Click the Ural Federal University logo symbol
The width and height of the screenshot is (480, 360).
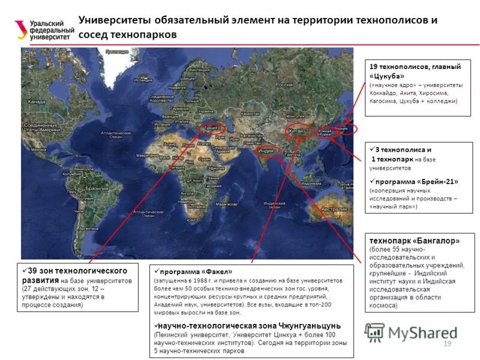point(20,29)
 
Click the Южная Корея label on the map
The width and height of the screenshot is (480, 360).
point(326,133)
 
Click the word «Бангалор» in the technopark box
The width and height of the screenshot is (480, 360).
point(434,241)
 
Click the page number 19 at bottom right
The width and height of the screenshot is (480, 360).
point(446,343)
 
